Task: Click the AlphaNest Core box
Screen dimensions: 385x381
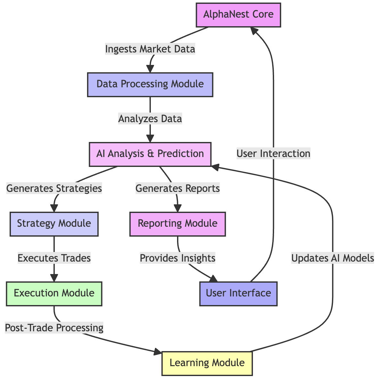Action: [238, 15]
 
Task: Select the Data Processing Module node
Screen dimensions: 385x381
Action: [150, 84]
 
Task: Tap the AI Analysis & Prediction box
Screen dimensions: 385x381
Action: [150, 153]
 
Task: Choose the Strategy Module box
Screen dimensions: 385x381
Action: [54, 223]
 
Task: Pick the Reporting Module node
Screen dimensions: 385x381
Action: [177, 223]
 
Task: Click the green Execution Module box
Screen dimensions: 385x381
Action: [54, 293]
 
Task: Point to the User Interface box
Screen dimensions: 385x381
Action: [238, 293]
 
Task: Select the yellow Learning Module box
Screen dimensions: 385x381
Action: [207, 363]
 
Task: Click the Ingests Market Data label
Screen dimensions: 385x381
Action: [150, 49]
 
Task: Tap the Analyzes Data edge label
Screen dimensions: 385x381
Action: [150, 119]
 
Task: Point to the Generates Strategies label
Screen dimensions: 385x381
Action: [54, 188]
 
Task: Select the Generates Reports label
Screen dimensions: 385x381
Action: [177, 188]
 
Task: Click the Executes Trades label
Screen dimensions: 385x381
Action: [54, 258]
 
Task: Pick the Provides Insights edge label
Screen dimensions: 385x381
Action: [177, 258]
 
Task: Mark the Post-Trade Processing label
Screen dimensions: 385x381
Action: [54, 328]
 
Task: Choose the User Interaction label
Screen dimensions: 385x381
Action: [273, 153]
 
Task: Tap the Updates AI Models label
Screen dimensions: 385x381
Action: [333, 258]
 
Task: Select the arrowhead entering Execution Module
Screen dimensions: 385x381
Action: [54, 279]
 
